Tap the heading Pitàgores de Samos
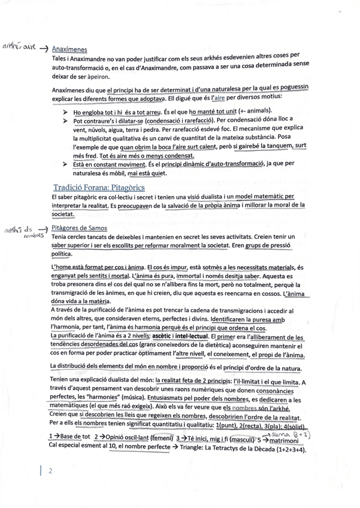coord(80,228)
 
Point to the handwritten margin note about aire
coord(19,47)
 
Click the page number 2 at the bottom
coord(51,471)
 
